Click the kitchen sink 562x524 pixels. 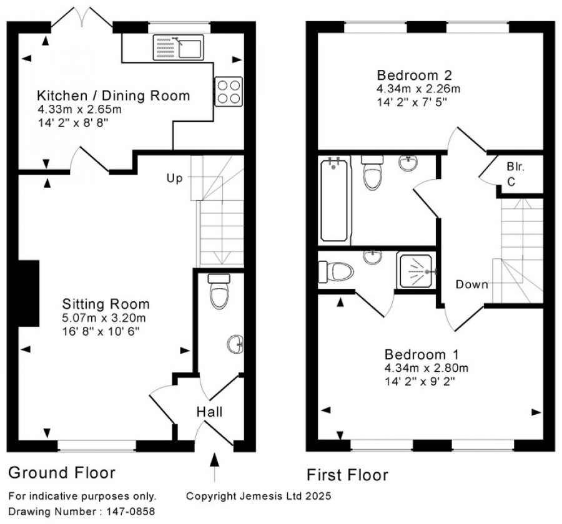[x=179, y=47]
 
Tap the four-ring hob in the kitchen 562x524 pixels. [x=229, y=92]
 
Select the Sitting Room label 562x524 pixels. [x=106, y=304]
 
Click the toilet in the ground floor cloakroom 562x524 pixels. [x=219, y=292]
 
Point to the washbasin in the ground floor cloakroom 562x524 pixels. [x=236, y=344]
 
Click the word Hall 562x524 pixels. [x=209, y=412]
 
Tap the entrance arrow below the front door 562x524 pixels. [x=214, y=467]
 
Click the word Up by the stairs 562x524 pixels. [x=175, y=178]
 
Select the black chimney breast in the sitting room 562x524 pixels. [x=28, y=293]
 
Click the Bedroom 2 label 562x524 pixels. [x=415, y=75]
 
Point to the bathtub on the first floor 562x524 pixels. [x=334, y=200]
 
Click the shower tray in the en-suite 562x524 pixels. [x=416, y=271]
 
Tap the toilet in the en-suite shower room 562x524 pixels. [x=336, y=271]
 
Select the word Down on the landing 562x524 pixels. [x=471, y=284]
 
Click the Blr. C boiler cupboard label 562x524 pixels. [x=515, y=175]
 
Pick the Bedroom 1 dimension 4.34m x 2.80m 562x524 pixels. [x=426, y=368]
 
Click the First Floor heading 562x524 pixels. [x=347, y=475]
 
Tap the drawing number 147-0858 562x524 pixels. [x=131, y=512]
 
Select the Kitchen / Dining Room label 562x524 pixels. [x=113, y=95]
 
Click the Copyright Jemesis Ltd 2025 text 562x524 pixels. [x=259, y=497]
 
